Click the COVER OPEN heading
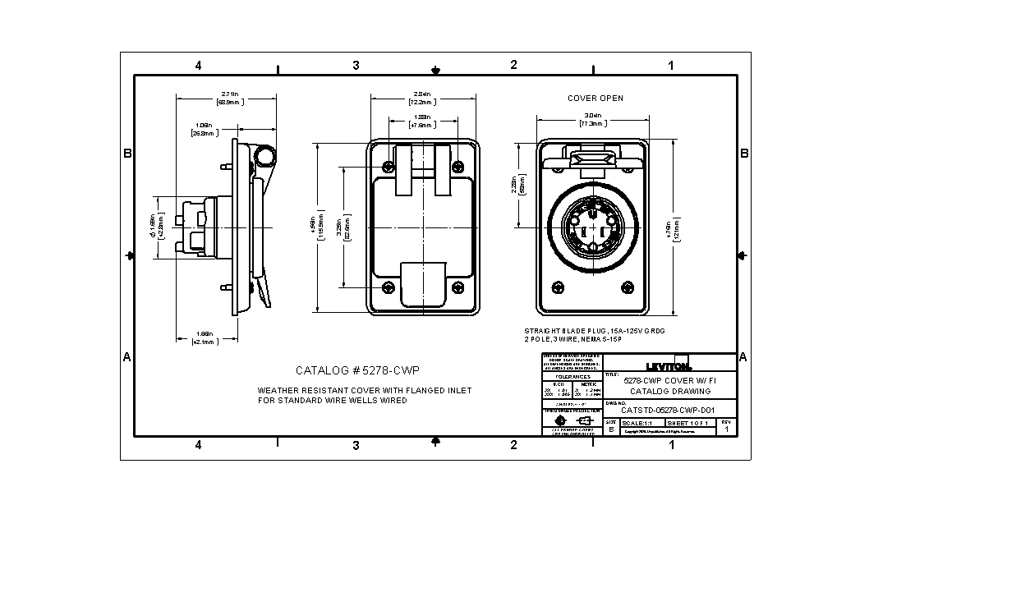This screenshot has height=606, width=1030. click(595, 99)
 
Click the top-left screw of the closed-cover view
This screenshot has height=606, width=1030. click(388, 167)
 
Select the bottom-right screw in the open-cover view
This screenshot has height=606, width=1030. click(628, 287)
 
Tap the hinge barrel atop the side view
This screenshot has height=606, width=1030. click(264, 155)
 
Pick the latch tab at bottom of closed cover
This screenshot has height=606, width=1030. click(422, 284)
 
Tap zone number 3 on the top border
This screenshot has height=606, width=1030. click(356, 66)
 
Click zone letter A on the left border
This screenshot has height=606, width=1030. click(126, 357)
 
